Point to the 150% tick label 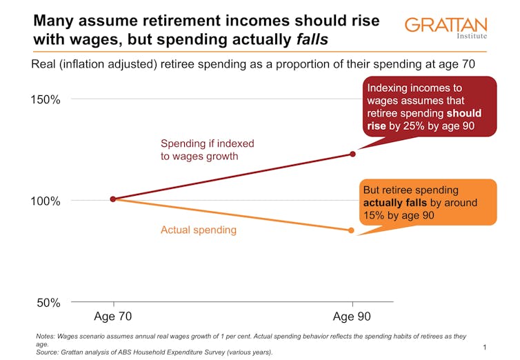[46, 99]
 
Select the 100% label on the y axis [46, 201]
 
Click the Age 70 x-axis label [112, 318]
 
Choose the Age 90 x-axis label [352, 318]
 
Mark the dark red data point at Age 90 [352, 154]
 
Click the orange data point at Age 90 [352, 230]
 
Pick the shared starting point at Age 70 [113, 199]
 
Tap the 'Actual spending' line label [199, 230]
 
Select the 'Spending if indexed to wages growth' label [207, 150]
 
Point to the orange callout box [428, 203]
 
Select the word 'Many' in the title [55, 21]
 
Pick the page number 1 [486, 346]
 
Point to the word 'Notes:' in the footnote [48, 337]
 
